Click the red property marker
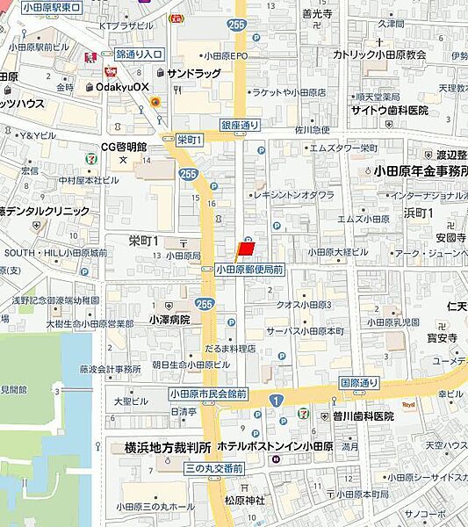tap(246, 249)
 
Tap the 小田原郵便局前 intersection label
tap(248, 271)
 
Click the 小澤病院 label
tap(169, 321)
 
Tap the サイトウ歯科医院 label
tap(389, 111)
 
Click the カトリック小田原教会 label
tap(379, 54)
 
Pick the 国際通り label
tap(359, 383)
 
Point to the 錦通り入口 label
tap(139, 54)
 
